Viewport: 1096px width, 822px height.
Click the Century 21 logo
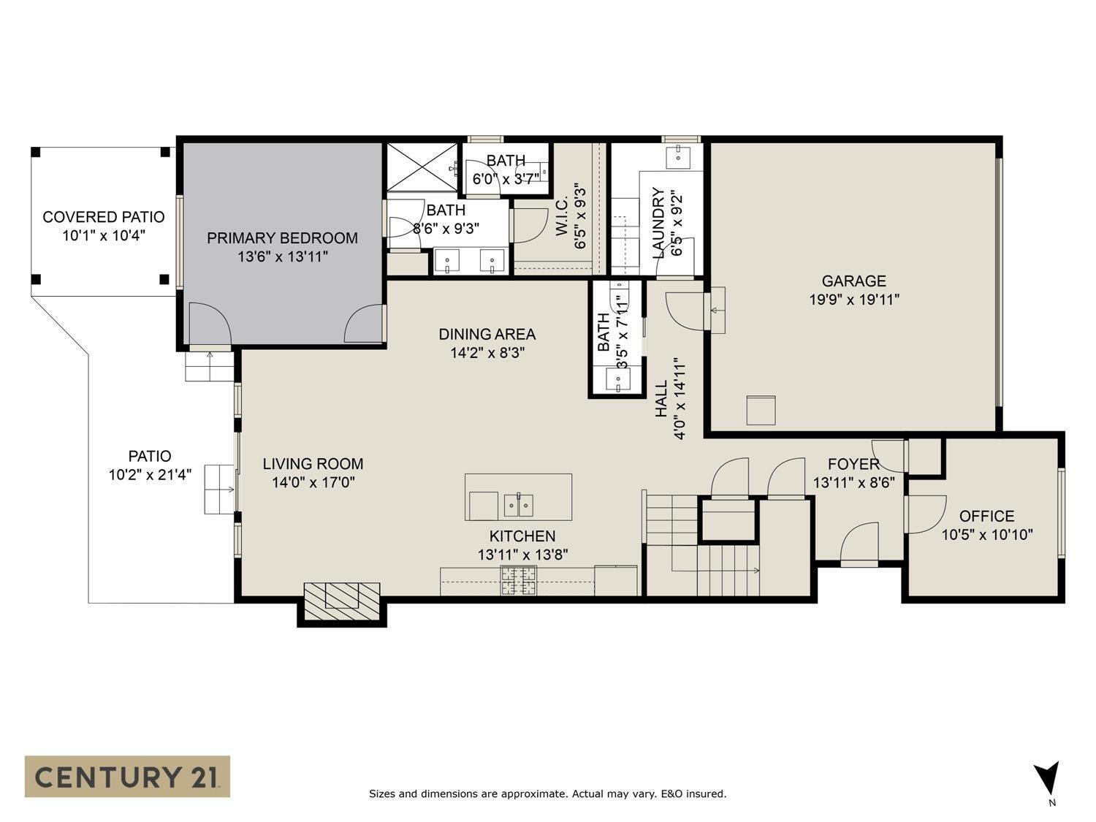coord(127,776)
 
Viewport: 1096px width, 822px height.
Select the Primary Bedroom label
coord(282,238)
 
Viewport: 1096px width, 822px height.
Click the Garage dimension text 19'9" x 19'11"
coord(853,300)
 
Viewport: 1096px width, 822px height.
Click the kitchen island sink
coord(518,504)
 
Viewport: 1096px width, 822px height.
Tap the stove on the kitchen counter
coord(518,581)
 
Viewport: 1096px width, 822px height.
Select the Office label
coord(986,516)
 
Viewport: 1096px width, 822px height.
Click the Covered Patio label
coord(104,217)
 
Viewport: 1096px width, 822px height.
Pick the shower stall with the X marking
coord(422,168)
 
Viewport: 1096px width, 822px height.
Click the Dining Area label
coord(487,335)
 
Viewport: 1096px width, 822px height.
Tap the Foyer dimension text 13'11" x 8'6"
coord(853,482)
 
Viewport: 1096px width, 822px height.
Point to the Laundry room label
coord(658,223)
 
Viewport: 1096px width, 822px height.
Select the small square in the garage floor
coord(761,410)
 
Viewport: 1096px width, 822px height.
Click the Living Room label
coord(313,464)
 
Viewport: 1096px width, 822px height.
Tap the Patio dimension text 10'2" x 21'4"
coord(150,475)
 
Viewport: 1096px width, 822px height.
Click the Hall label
coord(661,398)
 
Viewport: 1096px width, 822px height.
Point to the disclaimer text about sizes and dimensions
coord(547,794)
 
